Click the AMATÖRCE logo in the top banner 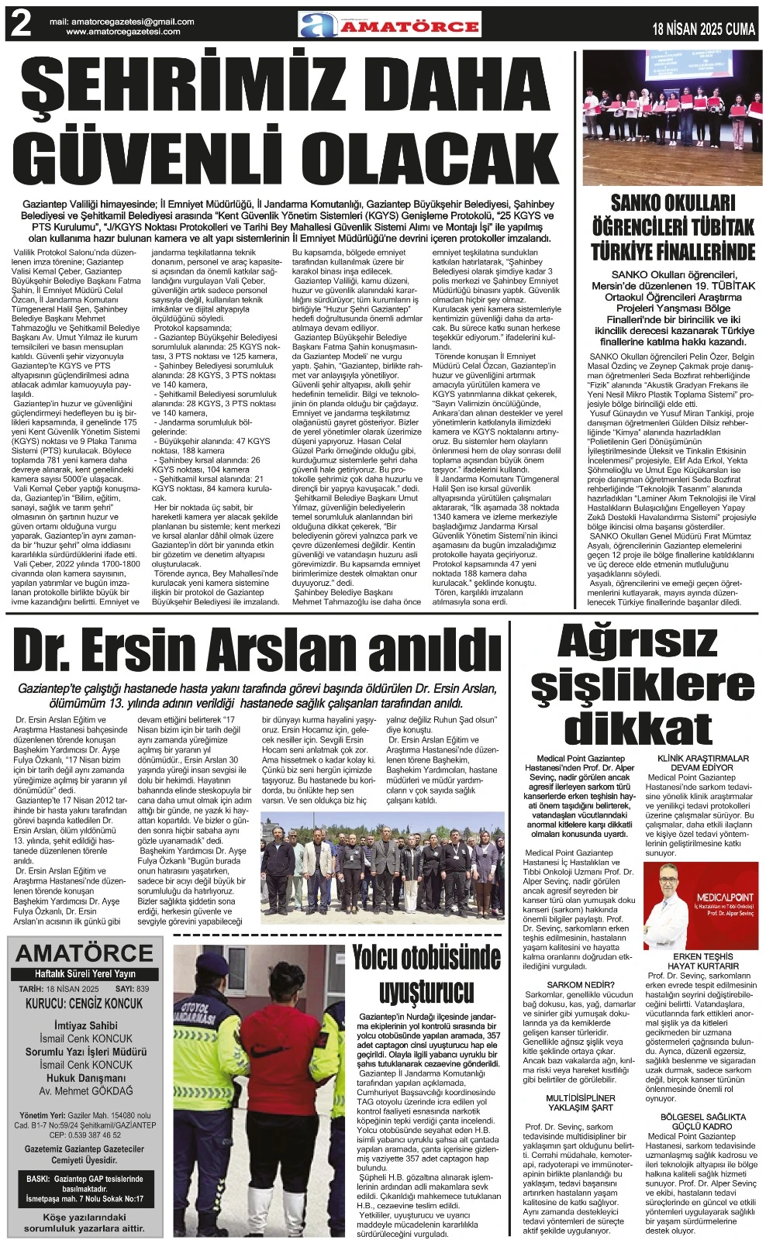click(390, 25)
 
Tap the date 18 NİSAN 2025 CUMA click(703, 29)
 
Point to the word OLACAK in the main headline click(430, 157)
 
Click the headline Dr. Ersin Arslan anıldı click(257, 651)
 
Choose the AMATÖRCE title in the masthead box click(85, 954)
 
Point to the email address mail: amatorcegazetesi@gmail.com click(122, 22)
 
